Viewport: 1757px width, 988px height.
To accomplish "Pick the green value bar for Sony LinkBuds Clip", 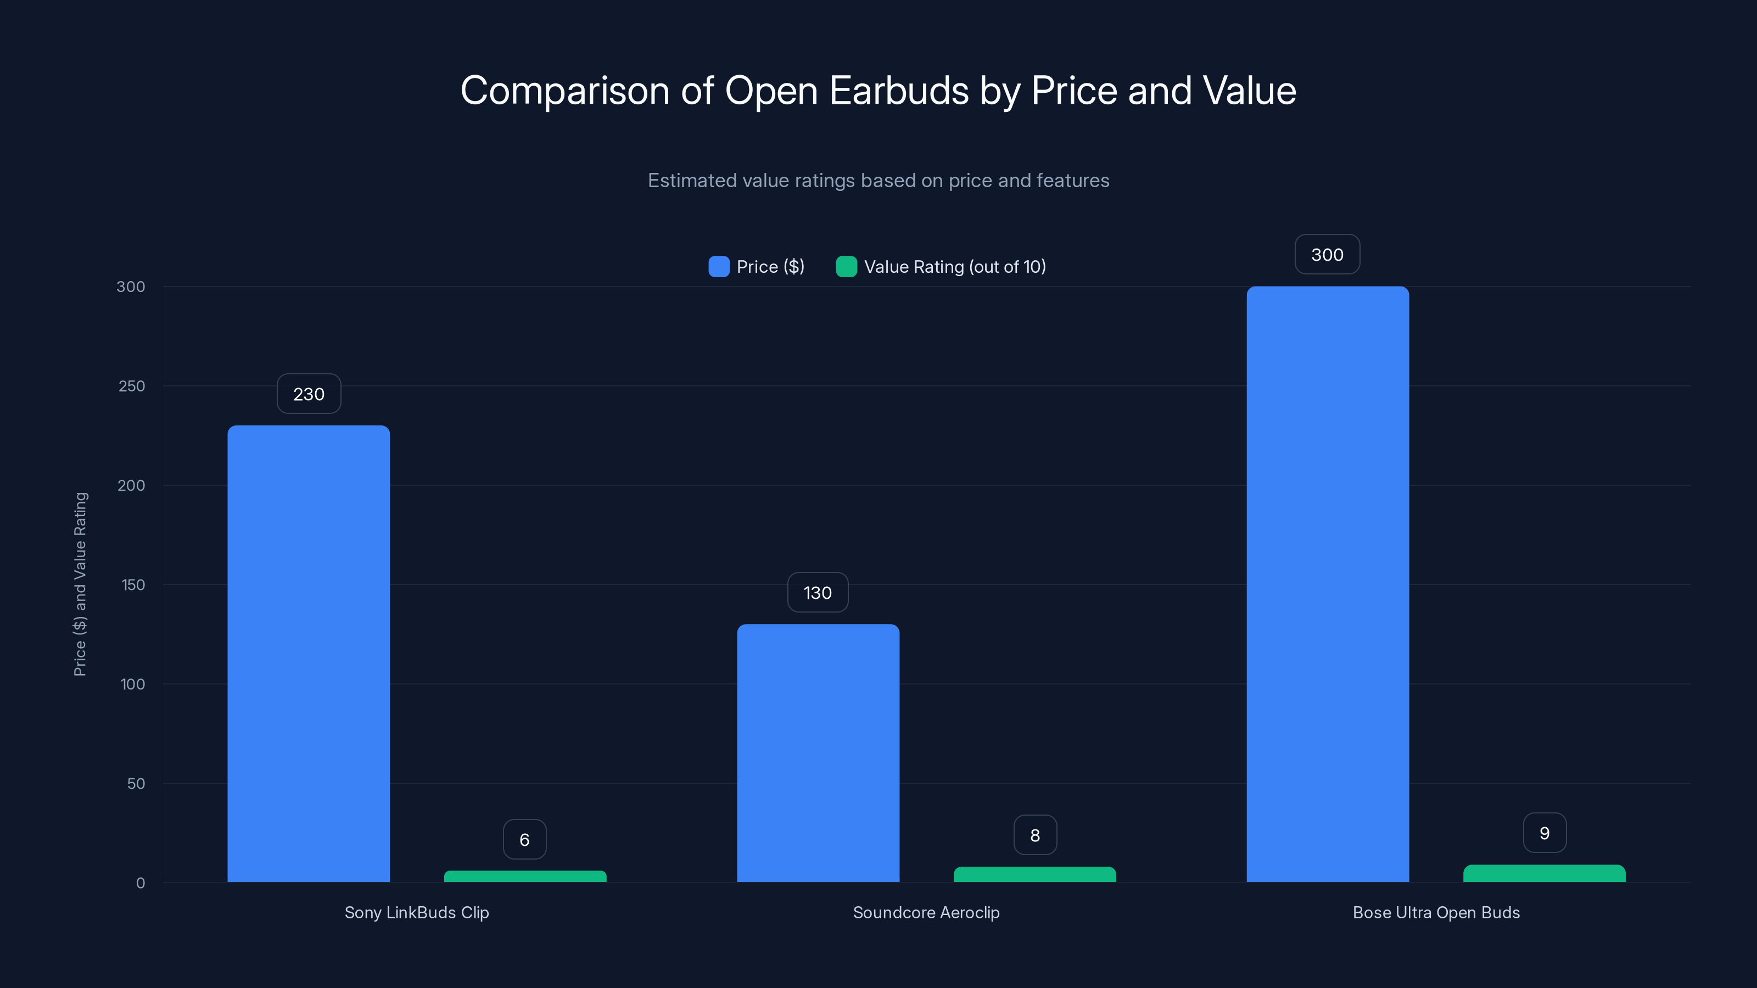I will coord(525,876).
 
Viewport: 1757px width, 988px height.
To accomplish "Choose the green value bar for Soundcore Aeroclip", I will coord(1034,874).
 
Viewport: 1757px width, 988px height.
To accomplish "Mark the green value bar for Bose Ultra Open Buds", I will coord(1544,873).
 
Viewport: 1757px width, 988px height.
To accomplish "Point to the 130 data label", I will coord(818,593).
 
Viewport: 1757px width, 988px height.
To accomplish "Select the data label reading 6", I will coord(524,839).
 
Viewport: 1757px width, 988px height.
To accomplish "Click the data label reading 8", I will coord(1034,835).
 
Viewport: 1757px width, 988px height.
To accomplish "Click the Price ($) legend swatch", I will coord(719,267).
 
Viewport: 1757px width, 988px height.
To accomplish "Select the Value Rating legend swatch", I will coord(847,267).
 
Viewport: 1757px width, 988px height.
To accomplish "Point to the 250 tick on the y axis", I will coord(132,386).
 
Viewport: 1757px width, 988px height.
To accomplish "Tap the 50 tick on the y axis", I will coord(136,783).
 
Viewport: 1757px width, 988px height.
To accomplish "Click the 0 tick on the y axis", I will coord(141,883).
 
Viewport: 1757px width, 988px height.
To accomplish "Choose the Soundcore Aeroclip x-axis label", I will coord(926,912).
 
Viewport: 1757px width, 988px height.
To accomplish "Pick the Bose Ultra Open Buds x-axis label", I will coord(1436,912).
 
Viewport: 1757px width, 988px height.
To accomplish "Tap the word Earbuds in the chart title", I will coord(898,91).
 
